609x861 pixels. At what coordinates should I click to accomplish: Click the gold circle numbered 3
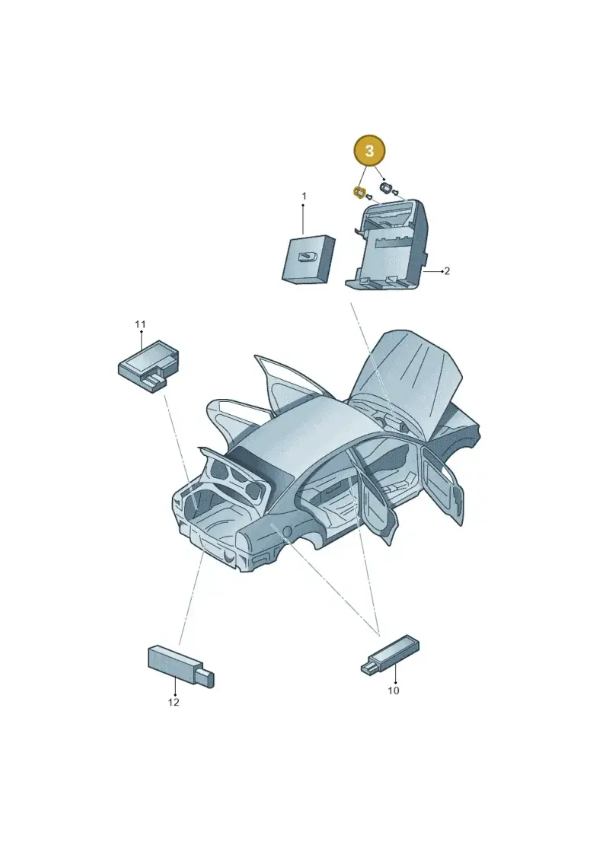point(369,151)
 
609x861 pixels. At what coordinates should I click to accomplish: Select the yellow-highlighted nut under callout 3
point(359,192)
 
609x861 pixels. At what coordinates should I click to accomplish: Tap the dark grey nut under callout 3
point(386,188)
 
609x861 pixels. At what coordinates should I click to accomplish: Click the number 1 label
point(304,196)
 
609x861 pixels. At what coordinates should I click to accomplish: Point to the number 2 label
point(447,271)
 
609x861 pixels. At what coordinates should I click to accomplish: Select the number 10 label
point(394,690)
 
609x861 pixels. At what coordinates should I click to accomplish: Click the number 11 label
point(141,324)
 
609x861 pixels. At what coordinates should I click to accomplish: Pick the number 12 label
point(174,703)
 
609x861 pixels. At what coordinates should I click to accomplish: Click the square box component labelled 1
point(308,260)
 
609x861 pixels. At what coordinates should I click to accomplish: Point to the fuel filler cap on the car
point(286,531)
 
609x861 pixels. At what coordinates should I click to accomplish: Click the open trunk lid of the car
point(236,478)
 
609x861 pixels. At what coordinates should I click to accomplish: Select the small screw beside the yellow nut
point(369,196)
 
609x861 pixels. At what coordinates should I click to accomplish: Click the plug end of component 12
point(206,678)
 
